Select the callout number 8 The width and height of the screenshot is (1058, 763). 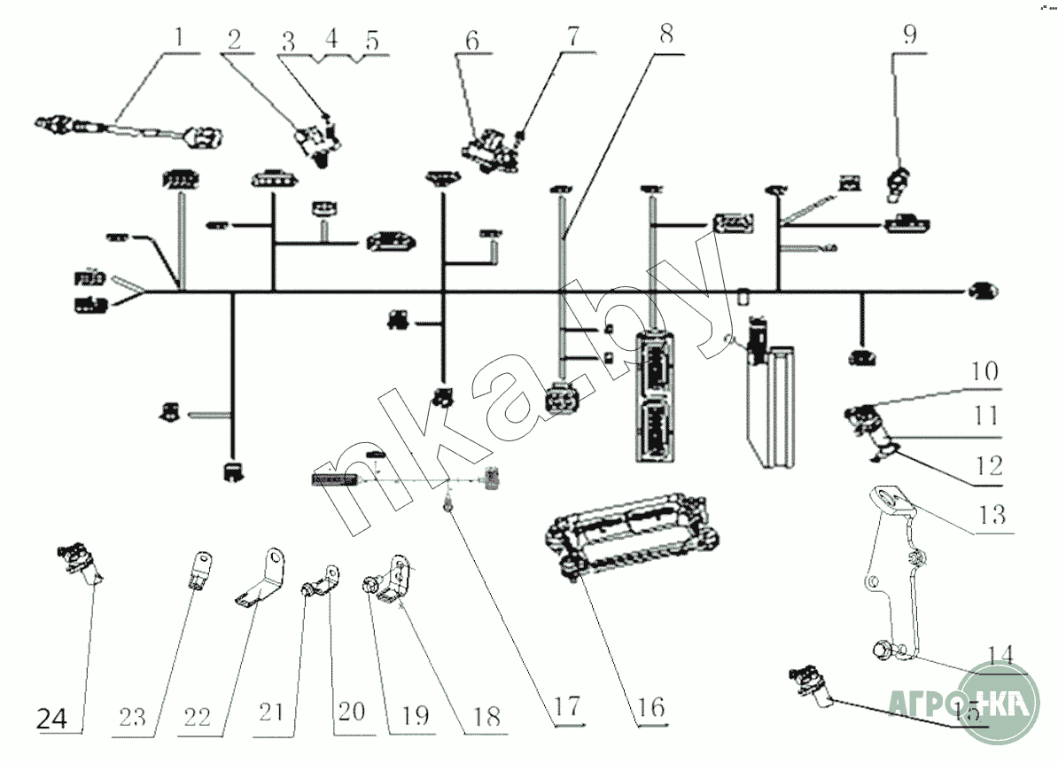coord(665,36)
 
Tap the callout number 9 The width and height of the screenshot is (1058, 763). coord(910,35)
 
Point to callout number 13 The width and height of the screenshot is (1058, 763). coord(993,513)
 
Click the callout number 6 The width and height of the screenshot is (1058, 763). coord(471,39)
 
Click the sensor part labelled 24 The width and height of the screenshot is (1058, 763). coord(80,564)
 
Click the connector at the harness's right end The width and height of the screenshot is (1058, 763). coord(980,291)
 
